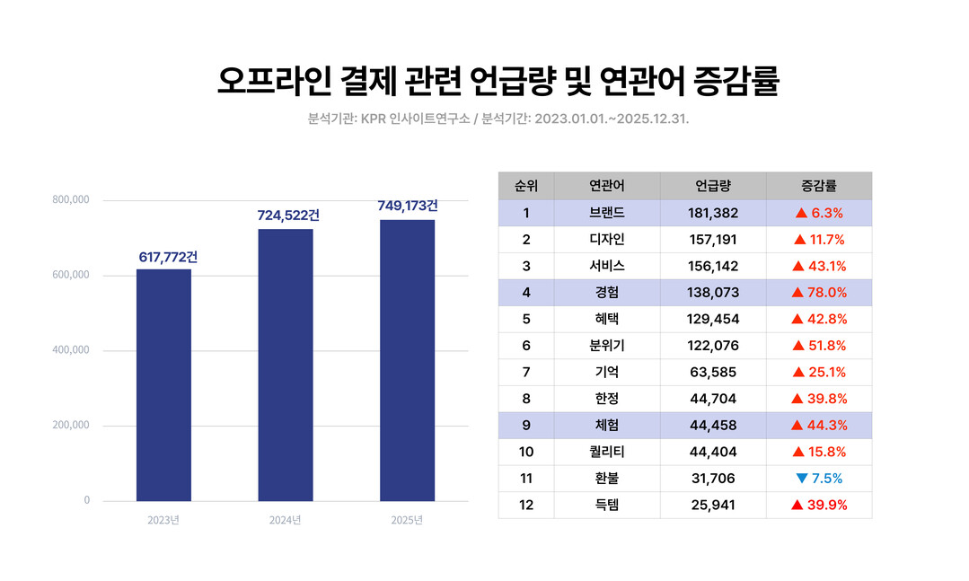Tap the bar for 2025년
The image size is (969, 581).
407,360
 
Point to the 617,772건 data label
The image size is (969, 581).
168,258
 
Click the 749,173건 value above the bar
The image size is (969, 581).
408,207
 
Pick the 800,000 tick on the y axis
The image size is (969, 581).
71,200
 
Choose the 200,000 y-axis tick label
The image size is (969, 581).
71,425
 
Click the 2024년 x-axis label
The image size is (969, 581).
286,520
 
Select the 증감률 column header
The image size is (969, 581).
818,186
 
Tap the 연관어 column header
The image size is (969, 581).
606,186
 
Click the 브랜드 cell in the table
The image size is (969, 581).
606,213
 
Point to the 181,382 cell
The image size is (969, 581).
712,213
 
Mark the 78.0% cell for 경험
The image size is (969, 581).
818,293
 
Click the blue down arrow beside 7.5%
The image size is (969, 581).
802,479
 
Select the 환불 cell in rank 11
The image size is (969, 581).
606,479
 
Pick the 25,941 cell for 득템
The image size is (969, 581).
712,505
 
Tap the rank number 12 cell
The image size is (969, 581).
526,505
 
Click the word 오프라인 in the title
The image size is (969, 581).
274,81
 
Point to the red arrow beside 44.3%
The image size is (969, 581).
797,425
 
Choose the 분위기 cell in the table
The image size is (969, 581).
606,346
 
